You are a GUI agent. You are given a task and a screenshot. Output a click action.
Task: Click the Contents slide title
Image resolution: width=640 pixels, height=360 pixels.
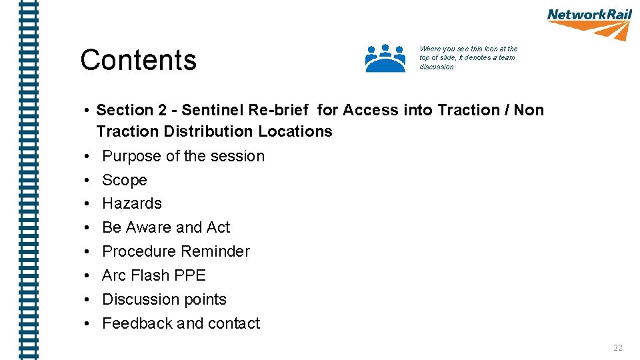point(138,60)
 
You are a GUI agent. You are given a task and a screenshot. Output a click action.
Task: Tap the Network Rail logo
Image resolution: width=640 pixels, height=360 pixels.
point(589,24)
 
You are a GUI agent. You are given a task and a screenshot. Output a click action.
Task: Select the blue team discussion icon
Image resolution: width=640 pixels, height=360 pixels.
point(385,58)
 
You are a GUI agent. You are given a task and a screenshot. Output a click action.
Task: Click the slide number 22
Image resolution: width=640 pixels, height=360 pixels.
point(617,347)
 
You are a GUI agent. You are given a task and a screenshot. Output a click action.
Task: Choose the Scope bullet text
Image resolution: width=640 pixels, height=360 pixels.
point(125,180)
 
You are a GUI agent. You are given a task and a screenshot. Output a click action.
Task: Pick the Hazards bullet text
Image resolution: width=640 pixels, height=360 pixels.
point(132,203)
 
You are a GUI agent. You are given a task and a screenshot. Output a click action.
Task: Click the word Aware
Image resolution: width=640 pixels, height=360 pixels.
point(149,227)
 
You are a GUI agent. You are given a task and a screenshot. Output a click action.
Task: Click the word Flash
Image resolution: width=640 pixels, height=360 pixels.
point(150,275)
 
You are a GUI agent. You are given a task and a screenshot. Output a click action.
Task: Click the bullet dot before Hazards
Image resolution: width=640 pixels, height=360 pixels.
point(87,204)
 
